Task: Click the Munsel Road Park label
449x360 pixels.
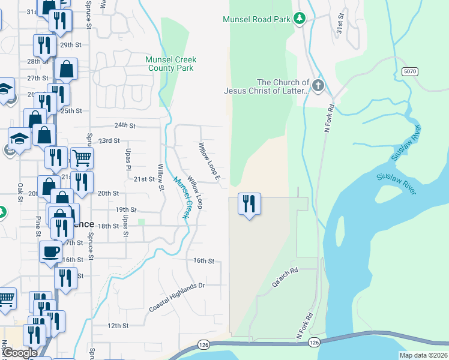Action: (x=257, y=19)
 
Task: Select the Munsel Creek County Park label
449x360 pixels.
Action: (x=171, y=64)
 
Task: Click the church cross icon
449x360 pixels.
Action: (x=318, y=86)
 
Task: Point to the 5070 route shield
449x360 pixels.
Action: (x=409, y=71)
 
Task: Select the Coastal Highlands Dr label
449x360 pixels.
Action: (x=177, y=298)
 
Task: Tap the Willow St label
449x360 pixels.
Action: (x=161, y=177)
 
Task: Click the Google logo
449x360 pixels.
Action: (x=20, y=353)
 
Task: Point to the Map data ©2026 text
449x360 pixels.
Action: (x=423, y=355)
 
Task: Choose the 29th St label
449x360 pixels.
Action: (x=70, y=44)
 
